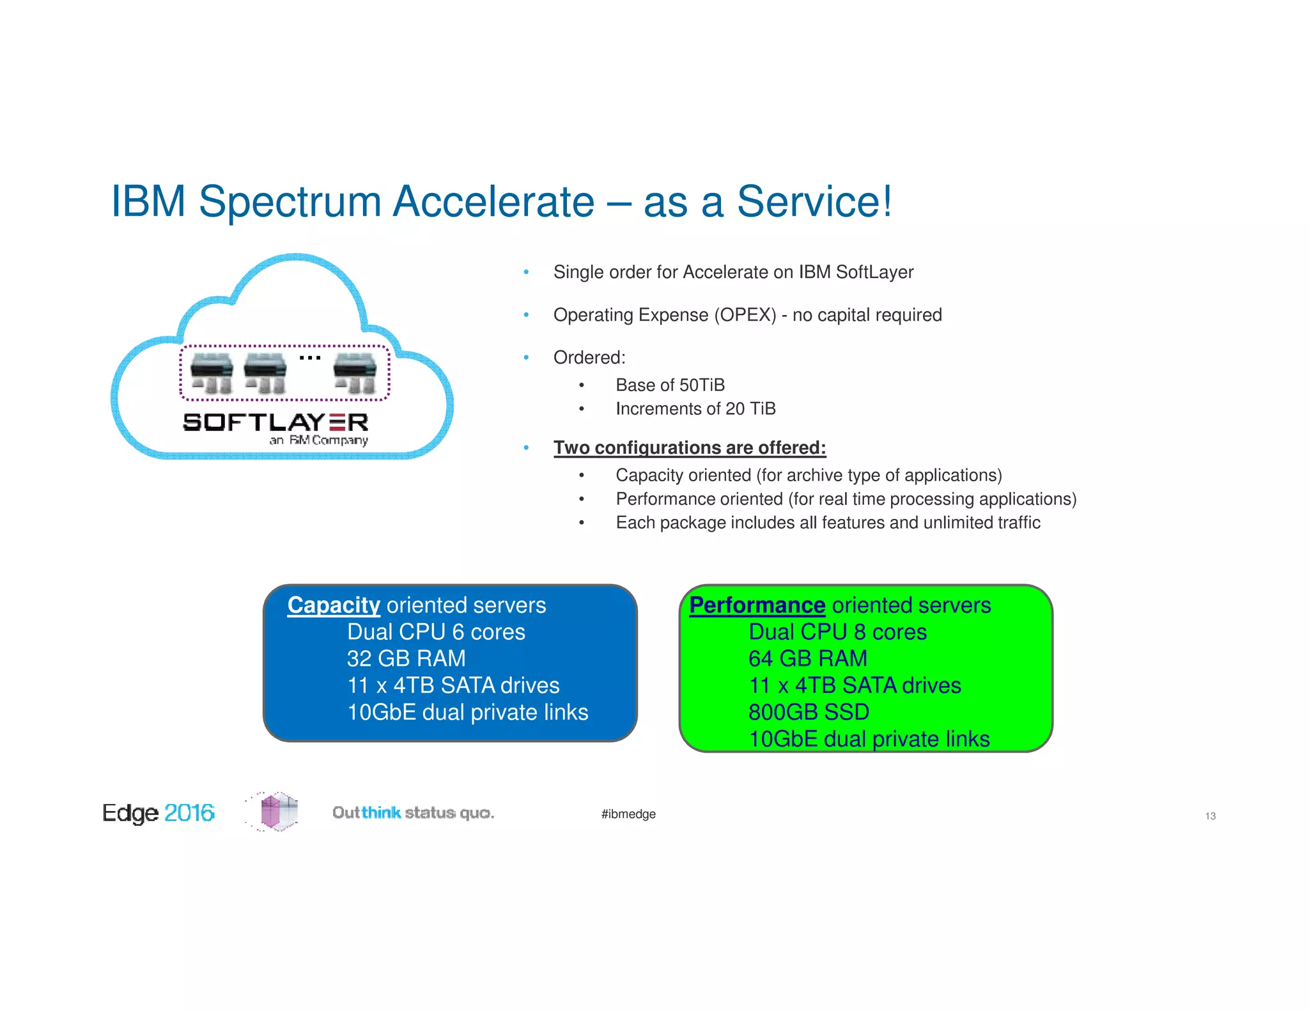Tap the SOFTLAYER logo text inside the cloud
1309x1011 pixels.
coord(275,422)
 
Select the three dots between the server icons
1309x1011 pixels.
coord(310,358)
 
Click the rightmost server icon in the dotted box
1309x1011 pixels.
coord(355,373)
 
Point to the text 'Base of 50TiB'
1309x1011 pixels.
coord(670,385)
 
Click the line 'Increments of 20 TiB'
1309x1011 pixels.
coord(695,409)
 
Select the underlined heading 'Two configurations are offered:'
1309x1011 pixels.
coord(690,448)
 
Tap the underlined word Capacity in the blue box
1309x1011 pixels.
coord(334,605)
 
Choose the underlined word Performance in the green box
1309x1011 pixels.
coord(757,605)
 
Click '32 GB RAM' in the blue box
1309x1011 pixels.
coord(407,659)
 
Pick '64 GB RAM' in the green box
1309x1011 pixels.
coord(808,659)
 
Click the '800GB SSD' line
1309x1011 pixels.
coord(809,713)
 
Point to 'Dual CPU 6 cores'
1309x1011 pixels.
coord(436,632)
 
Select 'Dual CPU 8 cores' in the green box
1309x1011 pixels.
coord(837,632)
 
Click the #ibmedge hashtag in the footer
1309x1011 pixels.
coord(628,814)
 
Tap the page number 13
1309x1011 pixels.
coord(1210,816)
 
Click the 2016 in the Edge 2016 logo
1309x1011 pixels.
coord(189,813)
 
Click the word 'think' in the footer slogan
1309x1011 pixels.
coord(381,813)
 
